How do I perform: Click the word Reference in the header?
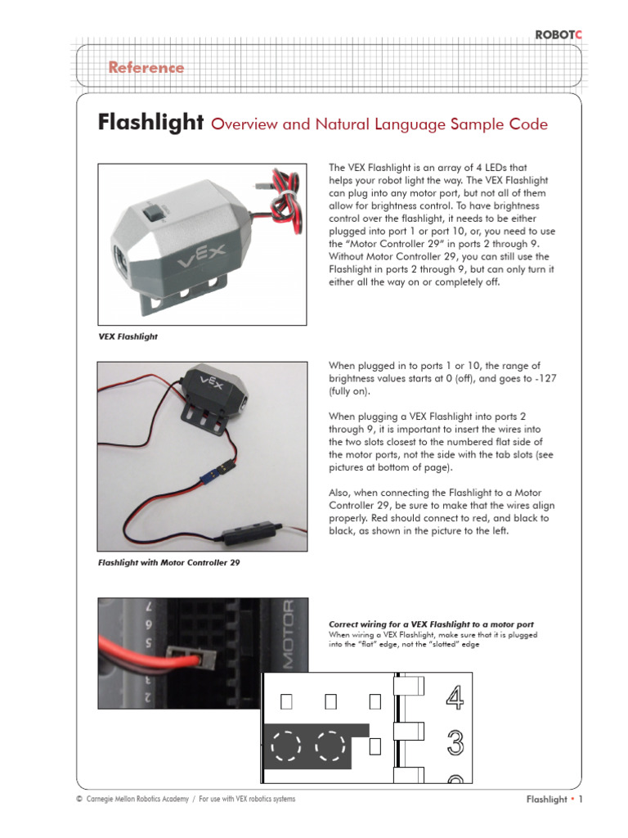(x=146, y=68)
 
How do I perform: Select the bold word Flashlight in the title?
(x=150, y=124)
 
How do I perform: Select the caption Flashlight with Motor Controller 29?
(x=168, y=562)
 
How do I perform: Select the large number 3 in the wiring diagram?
(x=455, y=743)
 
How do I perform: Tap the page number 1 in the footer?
(x=581, y=800)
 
